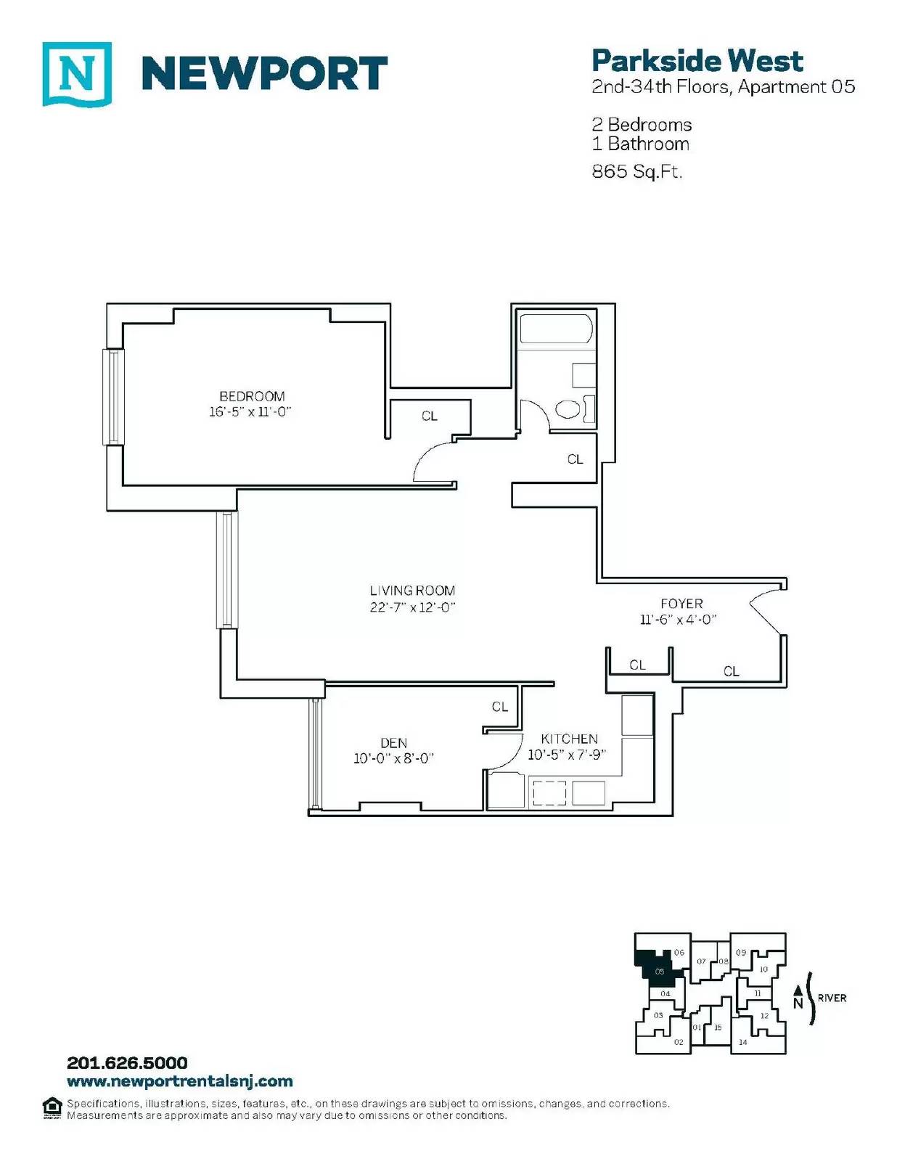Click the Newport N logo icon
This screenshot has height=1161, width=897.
tap(77, 74)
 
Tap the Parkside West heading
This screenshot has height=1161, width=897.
tap(697, 61)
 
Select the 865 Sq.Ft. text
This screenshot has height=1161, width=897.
tap(636, 171)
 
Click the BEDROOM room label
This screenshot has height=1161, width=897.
tap(252, 396)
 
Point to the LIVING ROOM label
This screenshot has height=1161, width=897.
tap(412, 591)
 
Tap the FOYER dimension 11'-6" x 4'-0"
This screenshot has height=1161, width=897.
tap(678, 619)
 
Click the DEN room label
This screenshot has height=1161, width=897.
tap(394, 742)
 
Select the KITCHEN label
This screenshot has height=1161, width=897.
tap(569, 739)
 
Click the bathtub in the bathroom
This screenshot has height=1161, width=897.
tap(556, 329)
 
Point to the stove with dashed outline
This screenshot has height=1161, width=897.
tap(549, 793)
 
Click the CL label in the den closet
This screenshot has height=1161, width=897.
tap(499, 707)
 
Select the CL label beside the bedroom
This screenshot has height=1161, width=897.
tap(430, 416)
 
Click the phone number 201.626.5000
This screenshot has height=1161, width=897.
tap(127, 1063)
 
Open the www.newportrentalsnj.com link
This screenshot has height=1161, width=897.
tap(180, 1081)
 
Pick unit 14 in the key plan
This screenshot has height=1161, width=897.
tap(742, 1042)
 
